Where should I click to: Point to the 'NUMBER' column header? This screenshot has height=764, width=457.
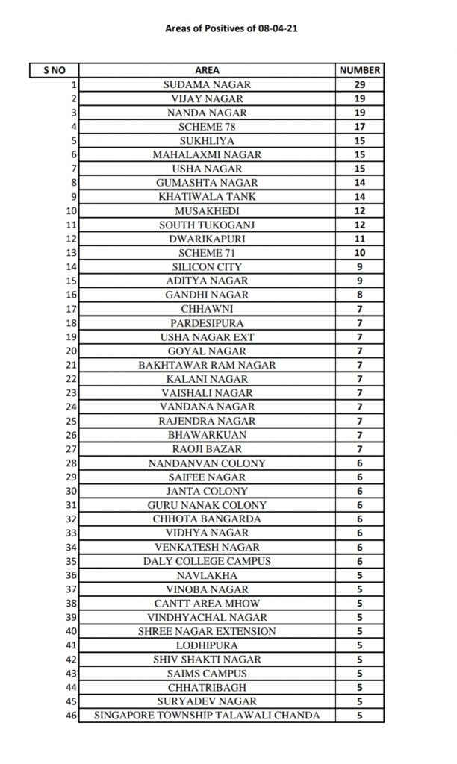coord(360,70)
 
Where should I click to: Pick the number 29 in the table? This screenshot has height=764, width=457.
coord(360,84)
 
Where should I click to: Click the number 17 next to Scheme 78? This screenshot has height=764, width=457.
coord(360,126)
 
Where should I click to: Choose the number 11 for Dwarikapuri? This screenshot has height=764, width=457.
coord(360,239)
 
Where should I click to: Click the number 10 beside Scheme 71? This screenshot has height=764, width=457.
coord(360,253)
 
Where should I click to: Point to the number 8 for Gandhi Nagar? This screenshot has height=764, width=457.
coord(360,295)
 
